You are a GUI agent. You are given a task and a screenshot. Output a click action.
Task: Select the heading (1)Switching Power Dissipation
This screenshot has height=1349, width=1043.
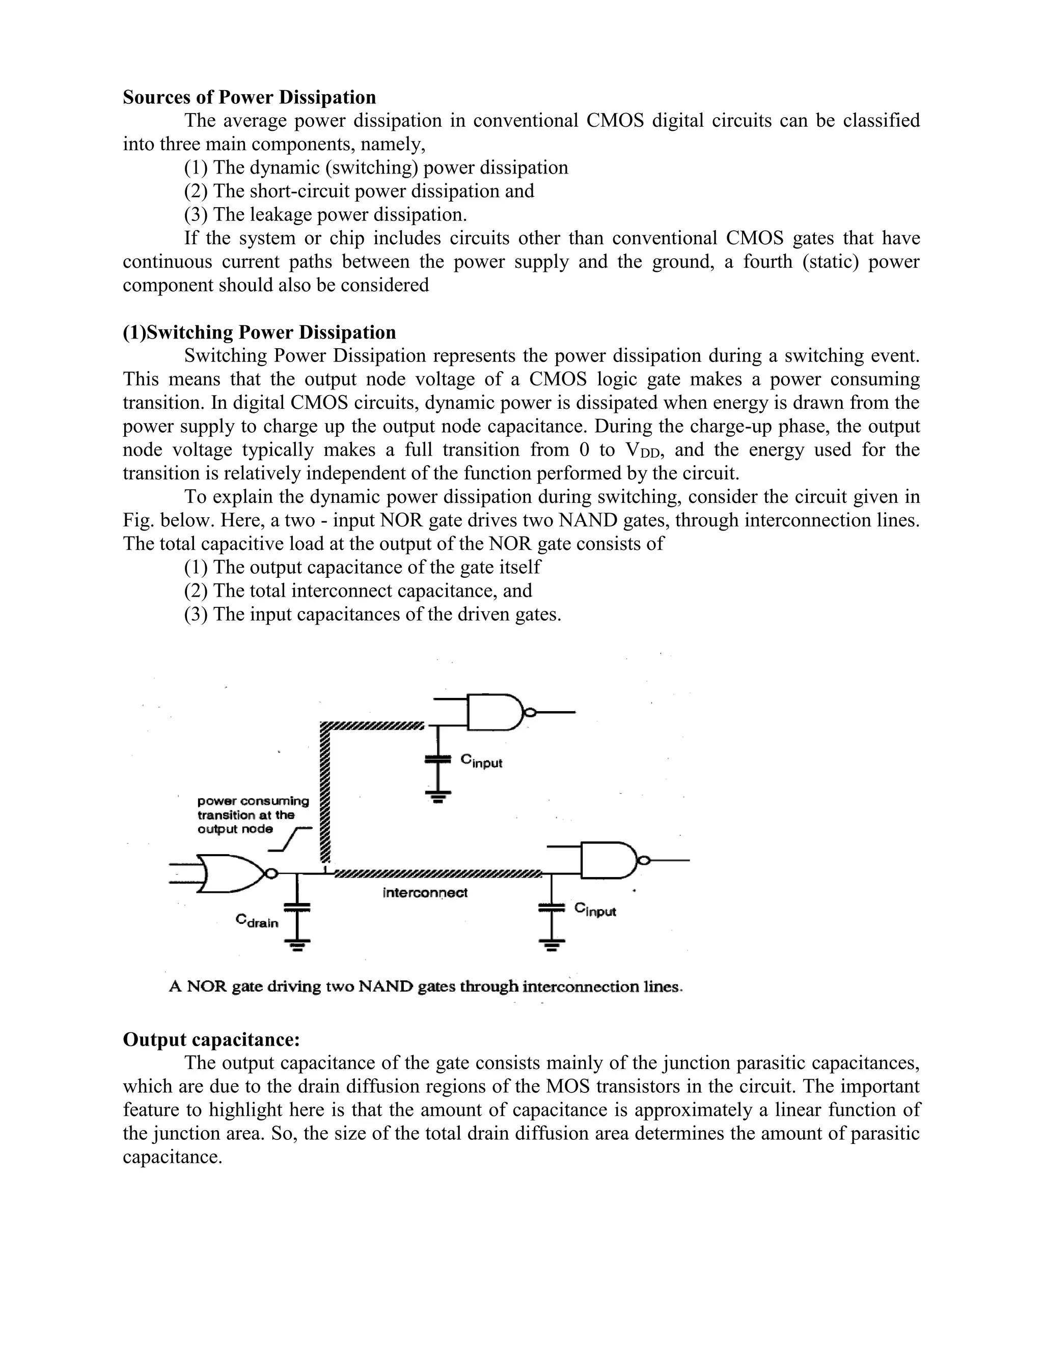click(x=260, y=332)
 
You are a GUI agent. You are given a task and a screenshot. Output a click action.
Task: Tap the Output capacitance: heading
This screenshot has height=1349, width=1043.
click(x=211, y=1039)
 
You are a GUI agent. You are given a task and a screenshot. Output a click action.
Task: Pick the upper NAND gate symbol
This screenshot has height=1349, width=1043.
click(x=495, y=712)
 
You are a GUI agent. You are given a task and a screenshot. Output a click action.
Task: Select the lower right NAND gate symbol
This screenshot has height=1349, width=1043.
click(x=609, y=859)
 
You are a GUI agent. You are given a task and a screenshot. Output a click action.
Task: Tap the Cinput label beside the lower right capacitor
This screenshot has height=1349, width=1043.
click(x=595, y=909)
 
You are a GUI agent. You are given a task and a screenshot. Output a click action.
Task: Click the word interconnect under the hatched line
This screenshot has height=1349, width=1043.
click(x=425, y=892)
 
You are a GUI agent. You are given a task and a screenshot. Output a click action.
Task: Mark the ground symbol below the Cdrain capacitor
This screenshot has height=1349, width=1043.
click(x=297, y=944)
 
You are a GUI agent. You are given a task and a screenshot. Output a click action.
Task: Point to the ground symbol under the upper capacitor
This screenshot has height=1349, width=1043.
click(x=438, y=796)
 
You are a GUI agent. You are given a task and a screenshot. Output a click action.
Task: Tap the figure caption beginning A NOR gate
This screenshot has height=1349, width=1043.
click(x=426, y=987)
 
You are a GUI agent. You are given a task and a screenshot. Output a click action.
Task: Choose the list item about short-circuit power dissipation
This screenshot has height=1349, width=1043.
click(x=359, y=191)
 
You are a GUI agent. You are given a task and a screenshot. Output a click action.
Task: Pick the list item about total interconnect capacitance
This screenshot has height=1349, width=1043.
click(x=358, y=591)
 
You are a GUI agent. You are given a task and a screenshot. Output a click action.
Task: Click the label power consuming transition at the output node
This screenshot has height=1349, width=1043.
click(x=253, y=814)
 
